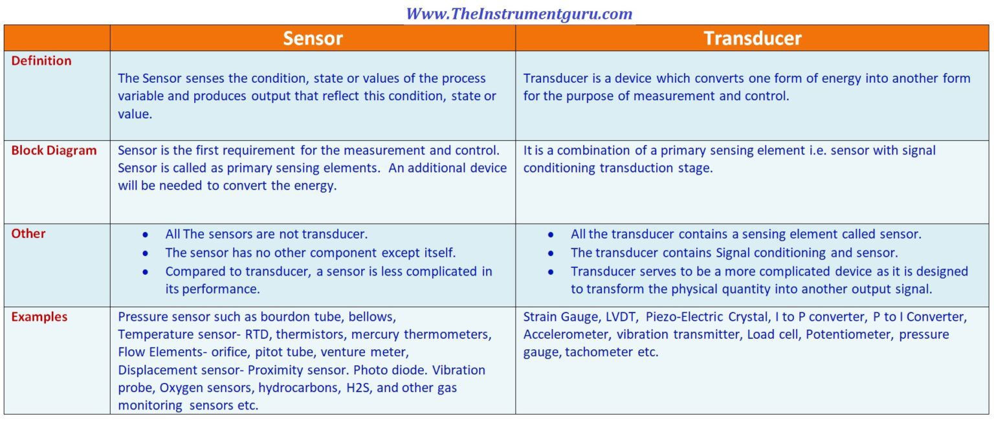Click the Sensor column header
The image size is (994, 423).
tap(313, 38)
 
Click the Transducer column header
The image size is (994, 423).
tap(753, 38)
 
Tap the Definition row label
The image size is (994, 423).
tap(41, 61)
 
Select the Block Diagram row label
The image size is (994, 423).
tap(54, 151)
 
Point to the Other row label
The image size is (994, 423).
tap(28, 233)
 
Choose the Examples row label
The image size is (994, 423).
tap(39, 316)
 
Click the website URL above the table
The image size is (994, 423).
tap(519, 14)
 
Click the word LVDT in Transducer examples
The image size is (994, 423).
tap(622, 316)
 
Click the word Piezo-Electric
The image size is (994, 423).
tap(684, 316)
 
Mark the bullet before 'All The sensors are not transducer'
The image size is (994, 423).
tap(145, 235)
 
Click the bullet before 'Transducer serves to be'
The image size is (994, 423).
tap(550, 272)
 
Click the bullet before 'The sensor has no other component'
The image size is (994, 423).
tap(145, 254)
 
